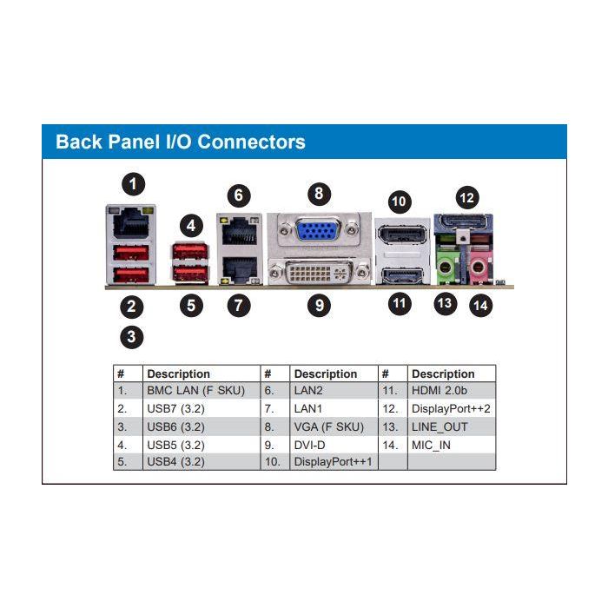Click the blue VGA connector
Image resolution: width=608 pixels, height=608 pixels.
click(319, 231)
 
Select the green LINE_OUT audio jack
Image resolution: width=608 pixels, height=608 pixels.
click(446, 264)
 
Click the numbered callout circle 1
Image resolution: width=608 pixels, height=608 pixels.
click(132, 184)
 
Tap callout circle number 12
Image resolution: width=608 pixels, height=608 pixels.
click(467, 197)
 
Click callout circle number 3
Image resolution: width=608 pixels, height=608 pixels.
click(132, 337)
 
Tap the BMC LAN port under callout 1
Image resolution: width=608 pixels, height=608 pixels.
click(129, 223)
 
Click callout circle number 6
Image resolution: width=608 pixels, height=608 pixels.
click(238, 195)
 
